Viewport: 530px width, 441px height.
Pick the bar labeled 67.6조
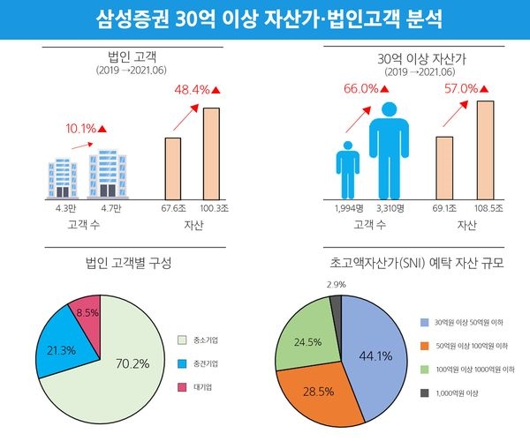pos(173,168)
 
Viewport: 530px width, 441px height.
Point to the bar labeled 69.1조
pos(443,168)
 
